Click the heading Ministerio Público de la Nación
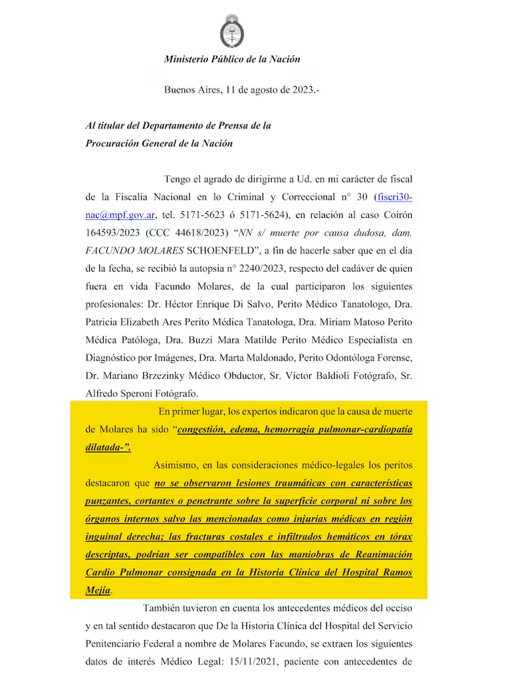point(232,59)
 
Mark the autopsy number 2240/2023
point(287,269)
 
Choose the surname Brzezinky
point(168,376)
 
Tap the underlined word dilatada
point(106,447)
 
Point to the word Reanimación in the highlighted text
point(380,555)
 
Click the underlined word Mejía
point(98,590)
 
